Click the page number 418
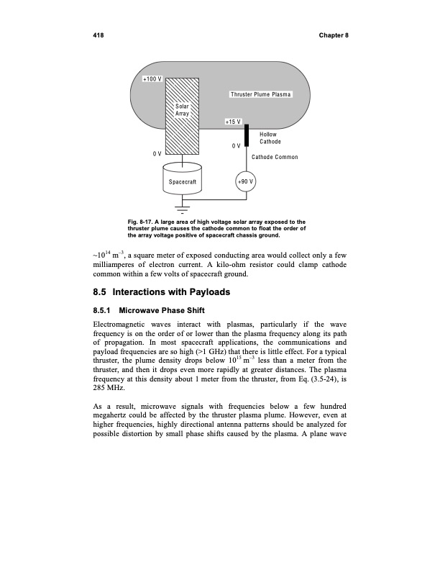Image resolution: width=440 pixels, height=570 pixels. (x=98, y=35)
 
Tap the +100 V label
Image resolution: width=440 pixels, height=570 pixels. (x=152, y=78)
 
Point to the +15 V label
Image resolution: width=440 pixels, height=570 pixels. (x=234, y=122)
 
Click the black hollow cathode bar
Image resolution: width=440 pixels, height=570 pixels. (x=246, y=135)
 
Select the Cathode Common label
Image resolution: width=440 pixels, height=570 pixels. (x=274, y=157)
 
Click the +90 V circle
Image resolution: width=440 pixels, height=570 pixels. (x=246, y=182)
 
